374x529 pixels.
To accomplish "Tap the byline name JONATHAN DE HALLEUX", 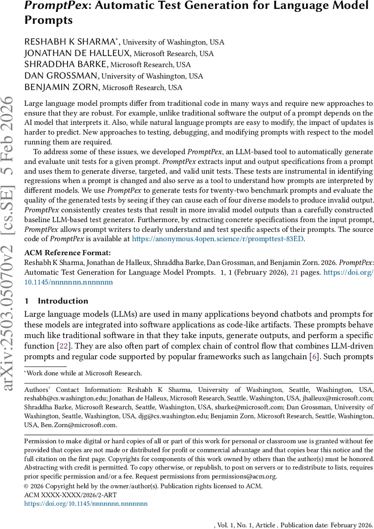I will click(78, 54).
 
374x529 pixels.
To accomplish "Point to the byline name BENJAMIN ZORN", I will click(61, 87).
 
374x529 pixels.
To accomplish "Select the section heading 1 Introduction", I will click(56, 301).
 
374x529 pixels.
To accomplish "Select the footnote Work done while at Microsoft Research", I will click(84, 373).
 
